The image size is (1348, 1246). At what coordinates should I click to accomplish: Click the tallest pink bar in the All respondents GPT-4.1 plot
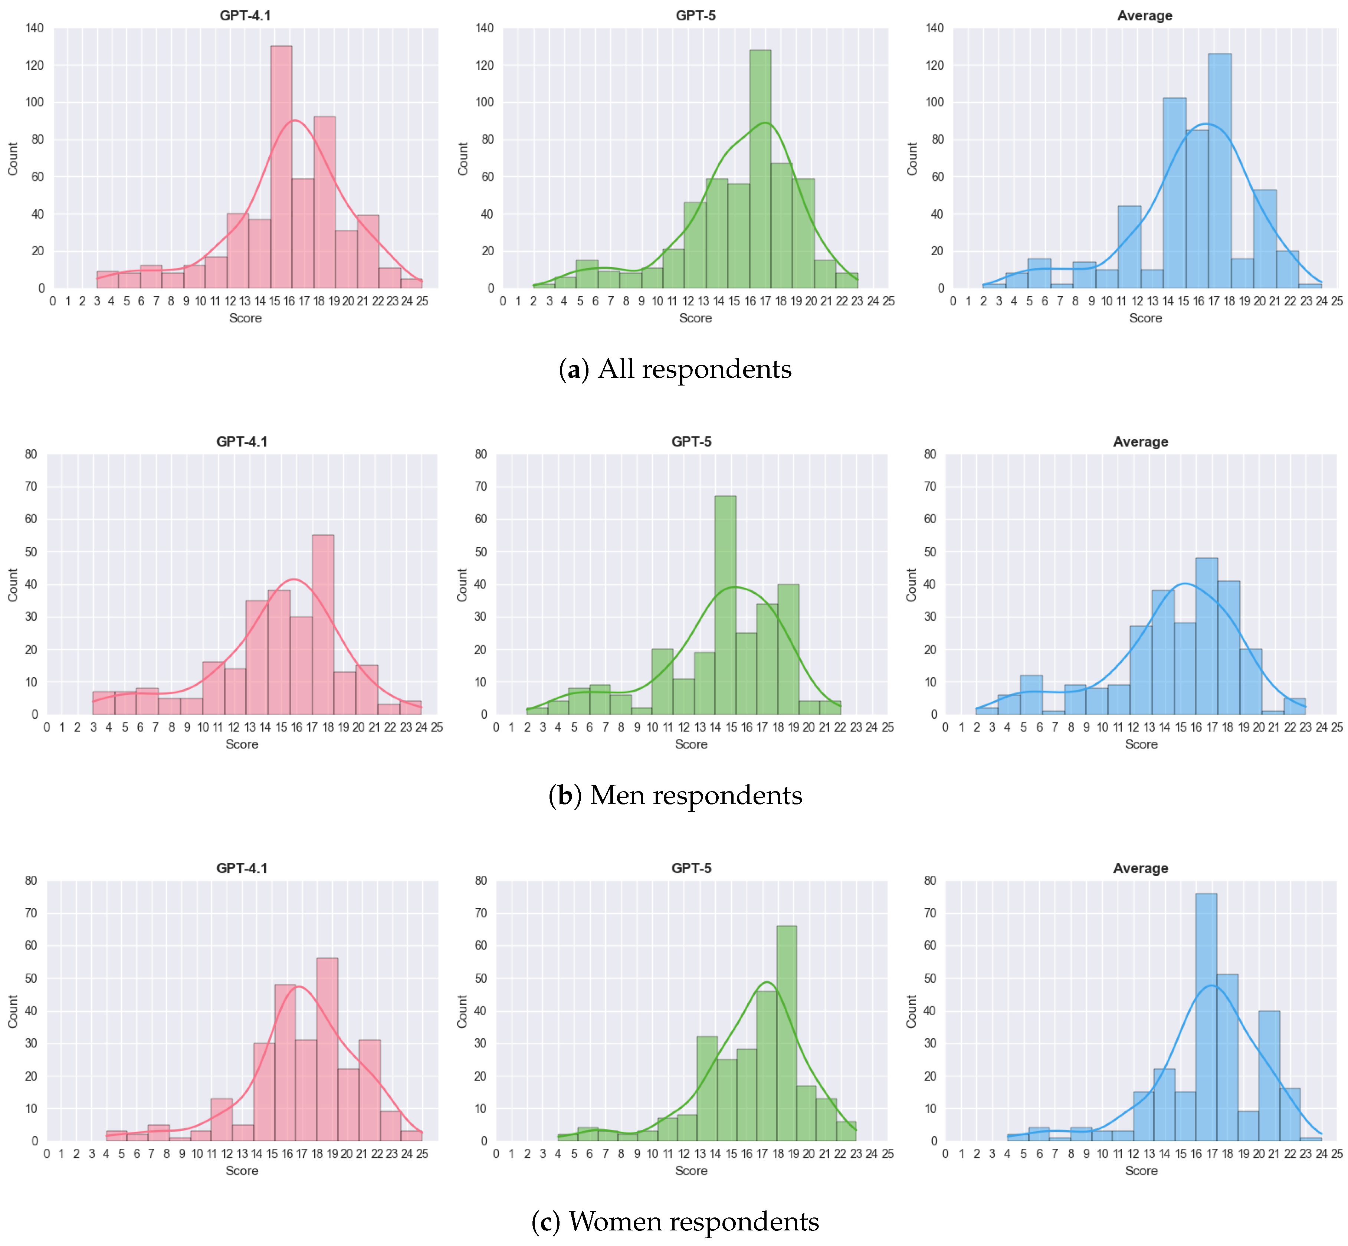[x=281, y=168]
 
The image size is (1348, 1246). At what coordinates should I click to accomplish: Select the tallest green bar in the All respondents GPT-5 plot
[x=760, y=168]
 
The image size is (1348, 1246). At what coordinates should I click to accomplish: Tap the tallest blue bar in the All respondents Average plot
[x=1219, y=172]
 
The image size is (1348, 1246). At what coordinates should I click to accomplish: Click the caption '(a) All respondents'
[x=675, y=369]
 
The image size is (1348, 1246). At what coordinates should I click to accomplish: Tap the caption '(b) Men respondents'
[x=675, y=795]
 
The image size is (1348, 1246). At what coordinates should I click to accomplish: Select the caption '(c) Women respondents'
[x=675, y=1221]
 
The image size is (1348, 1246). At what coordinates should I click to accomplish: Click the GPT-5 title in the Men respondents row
[x=691, y=442]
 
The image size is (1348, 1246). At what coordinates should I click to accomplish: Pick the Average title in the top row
[x=1144, y=16]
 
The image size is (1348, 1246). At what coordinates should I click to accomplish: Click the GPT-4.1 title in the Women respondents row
[x=242, y=868]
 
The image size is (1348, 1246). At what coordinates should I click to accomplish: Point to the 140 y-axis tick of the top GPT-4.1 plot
[x=35, y=28]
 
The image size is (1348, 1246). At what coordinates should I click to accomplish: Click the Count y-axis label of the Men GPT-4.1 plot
[x=13, y=584]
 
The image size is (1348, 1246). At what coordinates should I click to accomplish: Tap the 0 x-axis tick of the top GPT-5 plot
[x=503, y=301]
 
